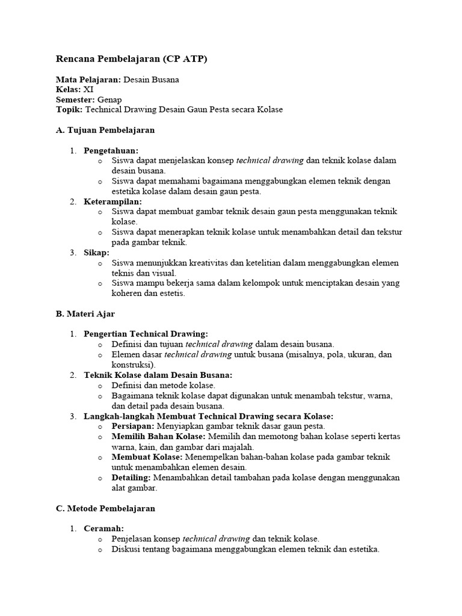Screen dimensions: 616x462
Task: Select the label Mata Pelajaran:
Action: click(x=88, y=79)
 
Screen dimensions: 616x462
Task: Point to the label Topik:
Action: click(x=69, y=109)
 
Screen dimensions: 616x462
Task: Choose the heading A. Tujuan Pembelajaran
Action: click(x=105, y=130)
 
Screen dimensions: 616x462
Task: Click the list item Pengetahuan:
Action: click(x=111, y=150)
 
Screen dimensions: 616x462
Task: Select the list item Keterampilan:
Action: click(x=112, y=202)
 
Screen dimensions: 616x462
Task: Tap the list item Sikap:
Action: click(x=96, y=253)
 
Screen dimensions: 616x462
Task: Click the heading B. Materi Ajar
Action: click(x=85, y=314)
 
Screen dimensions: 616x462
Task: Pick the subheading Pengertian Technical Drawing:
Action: click(x=146, y=334)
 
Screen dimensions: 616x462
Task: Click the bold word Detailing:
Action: click(x=131, y=477)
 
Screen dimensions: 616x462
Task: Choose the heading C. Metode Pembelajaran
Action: click(x=105, y=508)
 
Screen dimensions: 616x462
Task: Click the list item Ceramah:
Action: click(x=103, y=528)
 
